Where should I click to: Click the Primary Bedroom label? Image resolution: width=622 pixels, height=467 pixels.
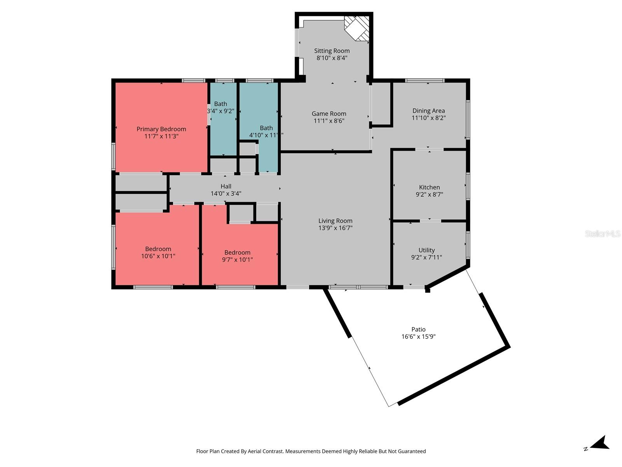[161, 129]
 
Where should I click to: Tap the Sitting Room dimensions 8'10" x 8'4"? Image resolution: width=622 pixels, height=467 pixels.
[332, 58]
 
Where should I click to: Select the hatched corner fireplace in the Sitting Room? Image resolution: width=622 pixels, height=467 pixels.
[356, 28]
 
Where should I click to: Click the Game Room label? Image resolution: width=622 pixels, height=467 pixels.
[329, 114]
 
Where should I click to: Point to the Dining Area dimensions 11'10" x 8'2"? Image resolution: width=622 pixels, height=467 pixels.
[428, 118]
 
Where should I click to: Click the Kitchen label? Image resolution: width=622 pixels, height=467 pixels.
[429, 187]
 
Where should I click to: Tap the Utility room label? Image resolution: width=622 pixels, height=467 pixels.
[426, 250]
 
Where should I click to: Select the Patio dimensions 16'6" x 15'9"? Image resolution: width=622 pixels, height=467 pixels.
[418, 337]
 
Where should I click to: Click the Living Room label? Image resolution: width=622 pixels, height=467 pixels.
[335, 221]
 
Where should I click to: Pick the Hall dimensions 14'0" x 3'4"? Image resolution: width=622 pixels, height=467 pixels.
[226, 193]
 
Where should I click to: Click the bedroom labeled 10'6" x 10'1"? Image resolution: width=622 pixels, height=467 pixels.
[158, 253]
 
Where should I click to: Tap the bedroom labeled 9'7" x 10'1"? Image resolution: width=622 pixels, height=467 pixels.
[237, 256]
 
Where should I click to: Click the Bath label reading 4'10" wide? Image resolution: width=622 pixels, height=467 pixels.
[266, 128]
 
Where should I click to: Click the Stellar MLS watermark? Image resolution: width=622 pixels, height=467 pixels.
[602, 234]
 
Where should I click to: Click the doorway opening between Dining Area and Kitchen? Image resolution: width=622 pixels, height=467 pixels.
[429, 149]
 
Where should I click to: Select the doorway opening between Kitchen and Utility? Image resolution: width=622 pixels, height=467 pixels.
[430, 221]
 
